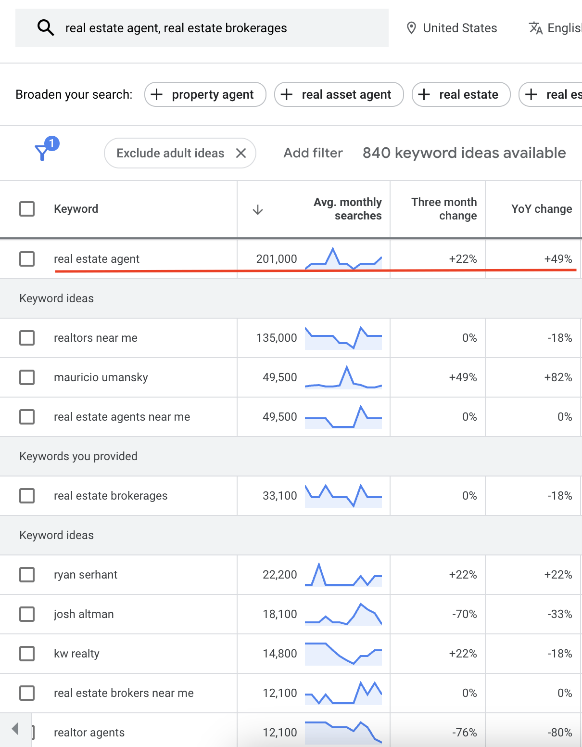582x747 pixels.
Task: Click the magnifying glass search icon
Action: (x=46, y=28)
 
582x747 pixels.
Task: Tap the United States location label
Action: (x=459, y=28)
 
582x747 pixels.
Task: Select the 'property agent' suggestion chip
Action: (x=205, y=94)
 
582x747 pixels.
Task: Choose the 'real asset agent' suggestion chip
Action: (x=339, y=94)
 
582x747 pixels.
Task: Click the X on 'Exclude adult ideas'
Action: (x=241, y=153)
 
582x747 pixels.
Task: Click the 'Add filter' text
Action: (x=313, y=153)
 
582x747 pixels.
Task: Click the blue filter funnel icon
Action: (x=43, y=152)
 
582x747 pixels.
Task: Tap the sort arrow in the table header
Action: (x=258, y=209)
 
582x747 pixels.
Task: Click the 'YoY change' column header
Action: (x=542, y=209)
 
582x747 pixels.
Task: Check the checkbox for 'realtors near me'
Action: (x=27, y=338)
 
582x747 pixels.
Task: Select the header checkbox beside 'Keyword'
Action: (x=27, y=209)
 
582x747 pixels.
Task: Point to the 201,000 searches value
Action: (x=277, y=259)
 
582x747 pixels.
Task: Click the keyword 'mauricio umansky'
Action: (x=101, y=377)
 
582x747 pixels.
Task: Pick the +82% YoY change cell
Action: (x=558, y=377)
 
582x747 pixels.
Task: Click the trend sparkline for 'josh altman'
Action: (x=343, y=614)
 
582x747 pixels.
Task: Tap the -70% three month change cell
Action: (x=464, y=614)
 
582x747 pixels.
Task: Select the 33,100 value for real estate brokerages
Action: (x=280, y=496)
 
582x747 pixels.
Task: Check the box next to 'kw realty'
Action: (x=27, y=654)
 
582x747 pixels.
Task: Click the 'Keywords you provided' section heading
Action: (x=78, y=456)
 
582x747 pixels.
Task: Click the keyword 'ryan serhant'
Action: (x=86, y=575)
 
